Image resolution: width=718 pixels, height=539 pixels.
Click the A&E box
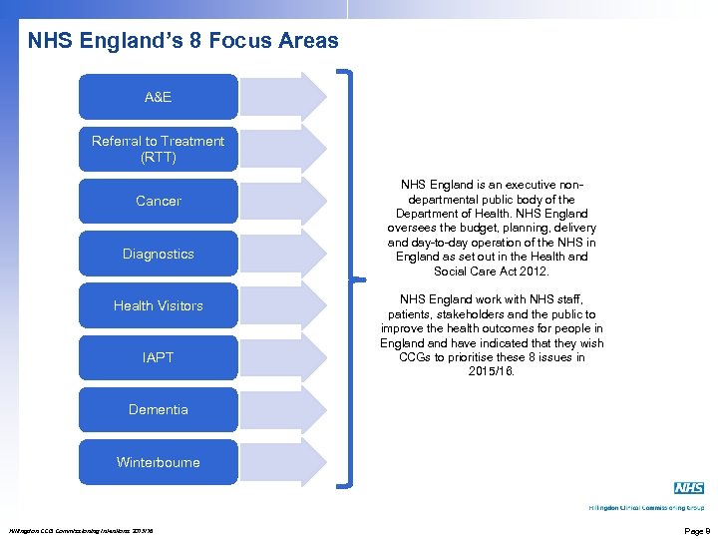158,97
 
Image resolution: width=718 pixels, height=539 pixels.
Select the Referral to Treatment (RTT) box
158,149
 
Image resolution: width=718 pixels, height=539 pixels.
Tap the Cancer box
158,201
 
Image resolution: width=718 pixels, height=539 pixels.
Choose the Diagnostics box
158,254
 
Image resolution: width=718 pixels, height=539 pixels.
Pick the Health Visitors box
158,305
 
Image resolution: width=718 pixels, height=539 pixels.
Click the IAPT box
158,357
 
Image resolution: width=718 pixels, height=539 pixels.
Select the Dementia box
158,409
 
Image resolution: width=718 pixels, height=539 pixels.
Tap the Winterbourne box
158,462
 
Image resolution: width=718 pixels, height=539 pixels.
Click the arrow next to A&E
283,97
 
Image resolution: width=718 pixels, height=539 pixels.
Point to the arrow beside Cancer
283,201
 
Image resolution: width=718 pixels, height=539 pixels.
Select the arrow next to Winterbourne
283,462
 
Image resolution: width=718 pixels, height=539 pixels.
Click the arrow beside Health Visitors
283,305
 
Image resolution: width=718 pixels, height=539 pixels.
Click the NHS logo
688,488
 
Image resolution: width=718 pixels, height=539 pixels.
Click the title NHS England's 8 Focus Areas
182,42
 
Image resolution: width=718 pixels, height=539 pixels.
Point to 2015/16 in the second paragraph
492,371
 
